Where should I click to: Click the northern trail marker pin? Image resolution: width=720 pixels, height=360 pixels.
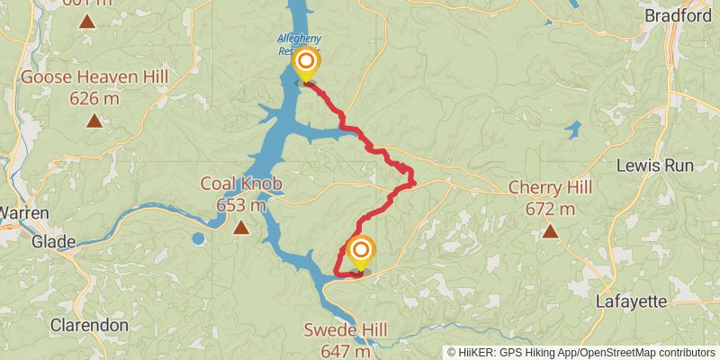(306, 63)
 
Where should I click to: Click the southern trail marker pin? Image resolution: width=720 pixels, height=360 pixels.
(361, 251)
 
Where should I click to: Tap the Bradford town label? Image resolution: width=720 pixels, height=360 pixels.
(678, 15)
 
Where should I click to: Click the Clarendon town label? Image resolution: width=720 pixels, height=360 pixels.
(89, 324)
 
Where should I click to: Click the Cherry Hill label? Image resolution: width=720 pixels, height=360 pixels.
(550, 187)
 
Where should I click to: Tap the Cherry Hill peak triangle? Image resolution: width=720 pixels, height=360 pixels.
(550, 232)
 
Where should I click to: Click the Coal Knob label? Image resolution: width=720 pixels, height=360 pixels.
(241, 184)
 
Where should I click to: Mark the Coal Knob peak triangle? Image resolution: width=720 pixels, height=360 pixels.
(241, 229)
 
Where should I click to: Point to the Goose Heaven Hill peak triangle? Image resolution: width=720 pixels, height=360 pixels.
(93, 121)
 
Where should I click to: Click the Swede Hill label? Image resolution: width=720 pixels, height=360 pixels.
(345, 330)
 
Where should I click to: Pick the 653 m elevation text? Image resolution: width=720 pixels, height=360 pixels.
(241, 205)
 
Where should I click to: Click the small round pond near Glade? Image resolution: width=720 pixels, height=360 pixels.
(197, 238)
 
